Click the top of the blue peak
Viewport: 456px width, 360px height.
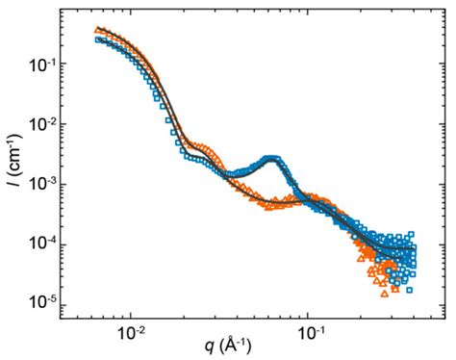[272, 157]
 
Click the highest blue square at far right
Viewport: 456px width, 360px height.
[411, 233]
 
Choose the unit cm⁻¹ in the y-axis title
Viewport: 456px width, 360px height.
[14, 162]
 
